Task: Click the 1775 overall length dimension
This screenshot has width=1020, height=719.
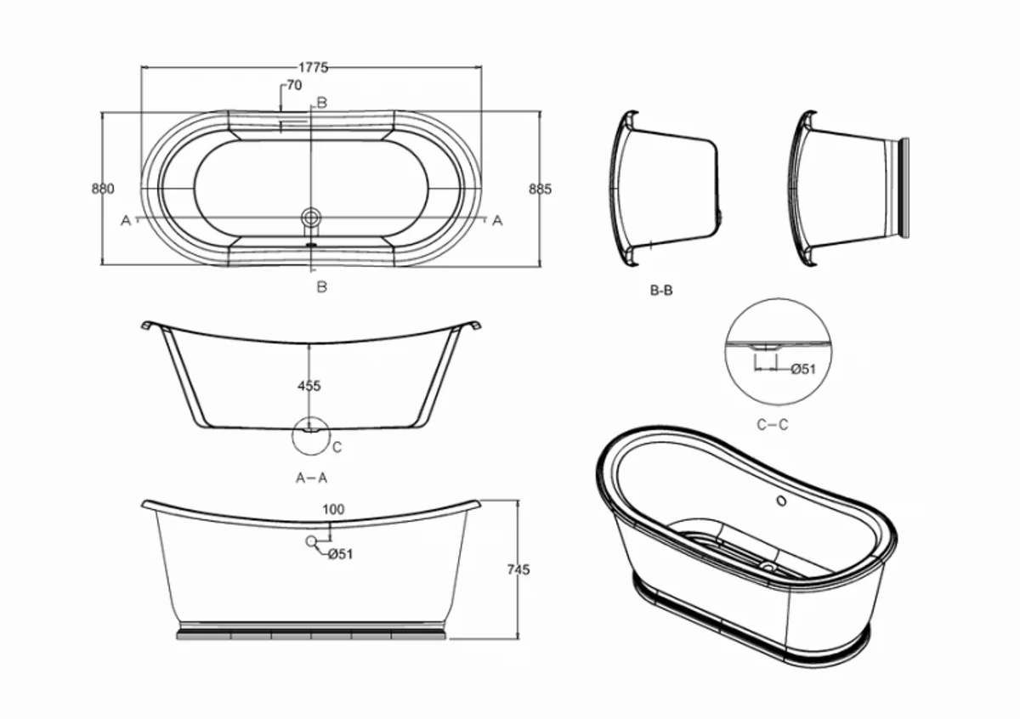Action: [313, 69]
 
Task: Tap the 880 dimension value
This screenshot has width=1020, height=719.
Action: [103, 189]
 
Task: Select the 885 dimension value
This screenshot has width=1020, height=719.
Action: [541, 189]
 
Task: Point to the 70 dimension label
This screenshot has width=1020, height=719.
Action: [294, 85]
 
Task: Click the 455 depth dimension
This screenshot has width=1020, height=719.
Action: [309, 386]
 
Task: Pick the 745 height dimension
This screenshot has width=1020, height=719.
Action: [517, 569]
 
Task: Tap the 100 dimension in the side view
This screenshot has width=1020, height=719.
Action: [334, 510]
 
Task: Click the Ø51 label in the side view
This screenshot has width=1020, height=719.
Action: [340, 554]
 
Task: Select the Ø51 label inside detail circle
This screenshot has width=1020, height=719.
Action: [802, 369]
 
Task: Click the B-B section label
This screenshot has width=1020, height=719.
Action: [661, 290]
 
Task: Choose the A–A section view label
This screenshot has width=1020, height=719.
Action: [311, 478]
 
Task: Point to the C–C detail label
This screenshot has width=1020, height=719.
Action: [772, 424]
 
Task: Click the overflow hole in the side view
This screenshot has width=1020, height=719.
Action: [312, 541]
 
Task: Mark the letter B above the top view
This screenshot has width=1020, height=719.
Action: [322, 103]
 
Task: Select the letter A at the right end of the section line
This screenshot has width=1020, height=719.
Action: [498, 220]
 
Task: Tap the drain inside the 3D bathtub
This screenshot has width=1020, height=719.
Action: [769, 564]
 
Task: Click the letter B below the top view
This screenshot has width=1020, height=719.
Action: [322, 286]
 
